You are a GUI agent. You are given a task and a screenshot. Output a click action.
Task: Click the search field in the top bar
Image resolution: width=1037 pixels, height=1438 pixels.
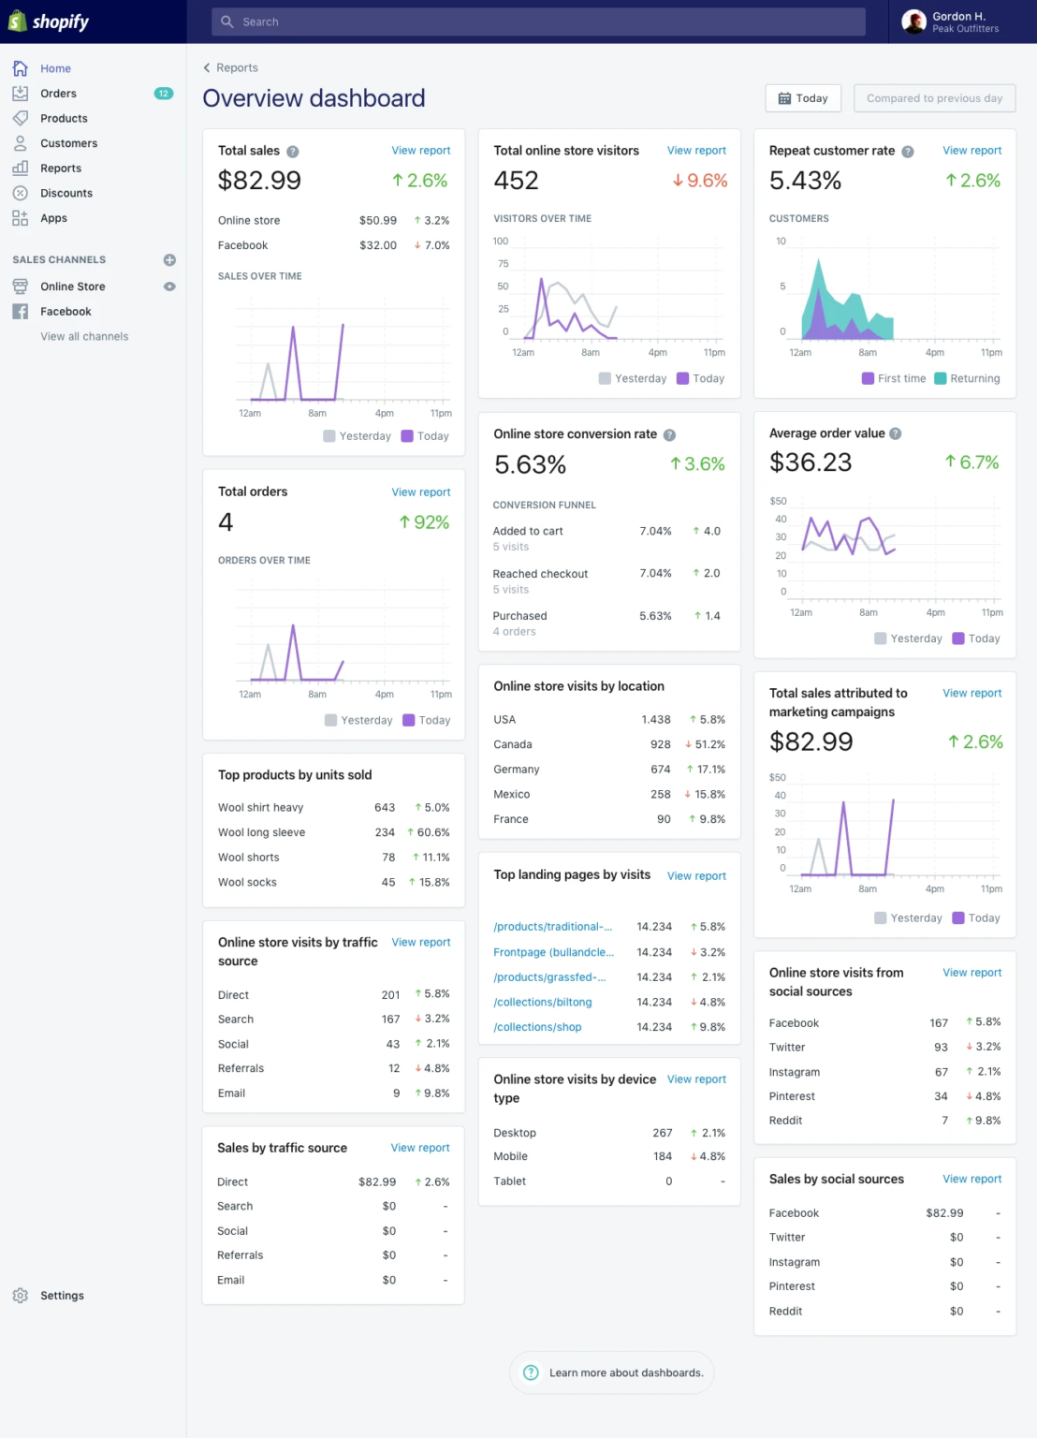(538, 22)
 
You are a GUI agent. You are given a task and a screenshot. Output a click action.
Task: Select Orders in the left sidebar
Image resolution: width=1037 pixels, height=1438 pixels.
(58, 94)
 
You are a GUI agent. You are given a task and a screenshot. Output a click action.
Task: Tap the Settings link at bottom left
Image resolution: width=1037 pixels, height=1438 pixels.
(62, 1296)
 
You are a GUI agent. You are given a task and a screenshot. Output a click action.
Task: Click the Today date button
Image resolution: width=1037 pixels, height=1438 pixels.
(803, 98)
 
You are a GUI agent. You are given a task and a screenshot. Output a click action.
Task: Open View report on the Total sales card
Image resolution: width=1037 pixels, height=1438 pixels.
(420, 151)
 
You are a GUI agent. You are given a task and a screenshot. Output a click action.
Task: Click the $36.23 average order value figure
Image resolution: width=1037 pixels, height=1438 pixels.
(811, 462)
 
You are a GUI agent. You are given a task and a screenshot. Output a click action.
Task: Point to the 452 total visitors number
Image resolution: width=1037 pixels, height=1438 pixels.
(516, 181)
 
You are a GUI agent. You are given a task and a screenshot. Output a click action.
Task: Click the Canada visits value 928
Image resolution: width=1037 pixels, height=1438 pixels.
(660, 745)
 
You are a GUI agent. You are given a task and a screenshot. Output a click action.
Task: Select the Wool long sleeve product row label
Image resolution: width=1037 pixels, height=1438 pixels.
(261, 833)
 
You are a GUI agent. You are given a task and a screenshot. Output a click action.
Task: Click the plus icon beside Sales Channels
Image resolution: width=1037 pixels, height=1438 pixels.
(169, 260)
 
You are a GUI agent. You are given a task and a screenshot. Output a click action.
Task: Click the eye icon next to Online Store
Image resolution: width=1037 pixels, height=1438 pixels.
(169, 286)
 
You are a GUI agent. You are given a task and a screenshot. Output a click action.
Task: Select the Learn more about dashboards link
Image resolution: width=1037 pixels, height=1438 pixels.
(625, 1373)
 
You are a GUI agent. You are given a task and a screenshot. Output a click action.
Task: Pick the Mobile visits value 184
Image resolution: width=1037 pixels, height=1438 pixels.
(663, 1157)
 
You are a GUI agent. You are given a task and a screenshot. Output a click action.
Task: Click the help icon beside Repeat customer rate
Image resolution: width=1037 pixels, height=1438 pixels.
(908, 152)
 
